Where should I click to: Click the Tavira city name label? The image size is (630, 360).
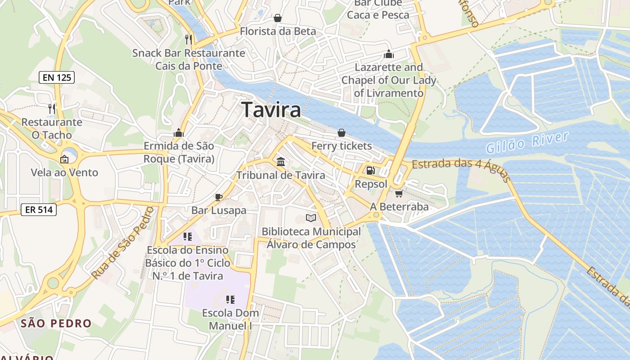271,110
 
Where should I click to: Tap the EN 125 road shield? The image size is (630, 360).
57,77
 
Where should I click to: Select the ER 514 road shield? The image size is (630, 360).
38,209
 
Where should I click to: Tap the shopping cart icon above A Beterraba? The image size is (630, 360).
399,193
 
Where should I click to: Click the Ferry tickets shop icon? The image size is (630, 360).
342,133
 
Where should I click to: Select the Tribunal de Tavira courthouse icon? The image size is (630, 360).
281,162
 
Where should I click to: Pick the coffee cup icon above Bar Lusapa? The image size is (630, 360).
219,197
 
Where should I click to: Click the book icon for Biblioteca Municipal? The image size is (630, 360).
311,218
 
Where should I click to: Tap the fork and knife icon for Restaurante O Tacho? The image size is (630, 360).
52,108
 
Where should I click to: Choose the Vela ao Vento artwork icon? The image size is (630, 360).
64,159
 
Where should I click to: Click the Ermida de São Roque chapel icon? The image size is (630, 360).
179,133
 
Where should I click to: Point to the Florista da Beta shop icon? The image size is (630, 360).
278,18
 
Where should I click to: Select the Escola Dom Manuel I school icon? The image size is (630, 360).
230,299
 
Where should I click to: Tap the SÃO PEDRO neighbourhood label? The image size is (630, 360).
56,323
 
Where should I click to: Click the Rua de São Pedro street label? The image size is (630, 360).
122,243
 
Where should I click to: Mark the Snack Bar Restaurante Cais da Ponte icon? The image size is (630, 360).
189,40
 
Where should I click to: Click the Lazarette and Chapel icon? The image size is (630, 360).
389,54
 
